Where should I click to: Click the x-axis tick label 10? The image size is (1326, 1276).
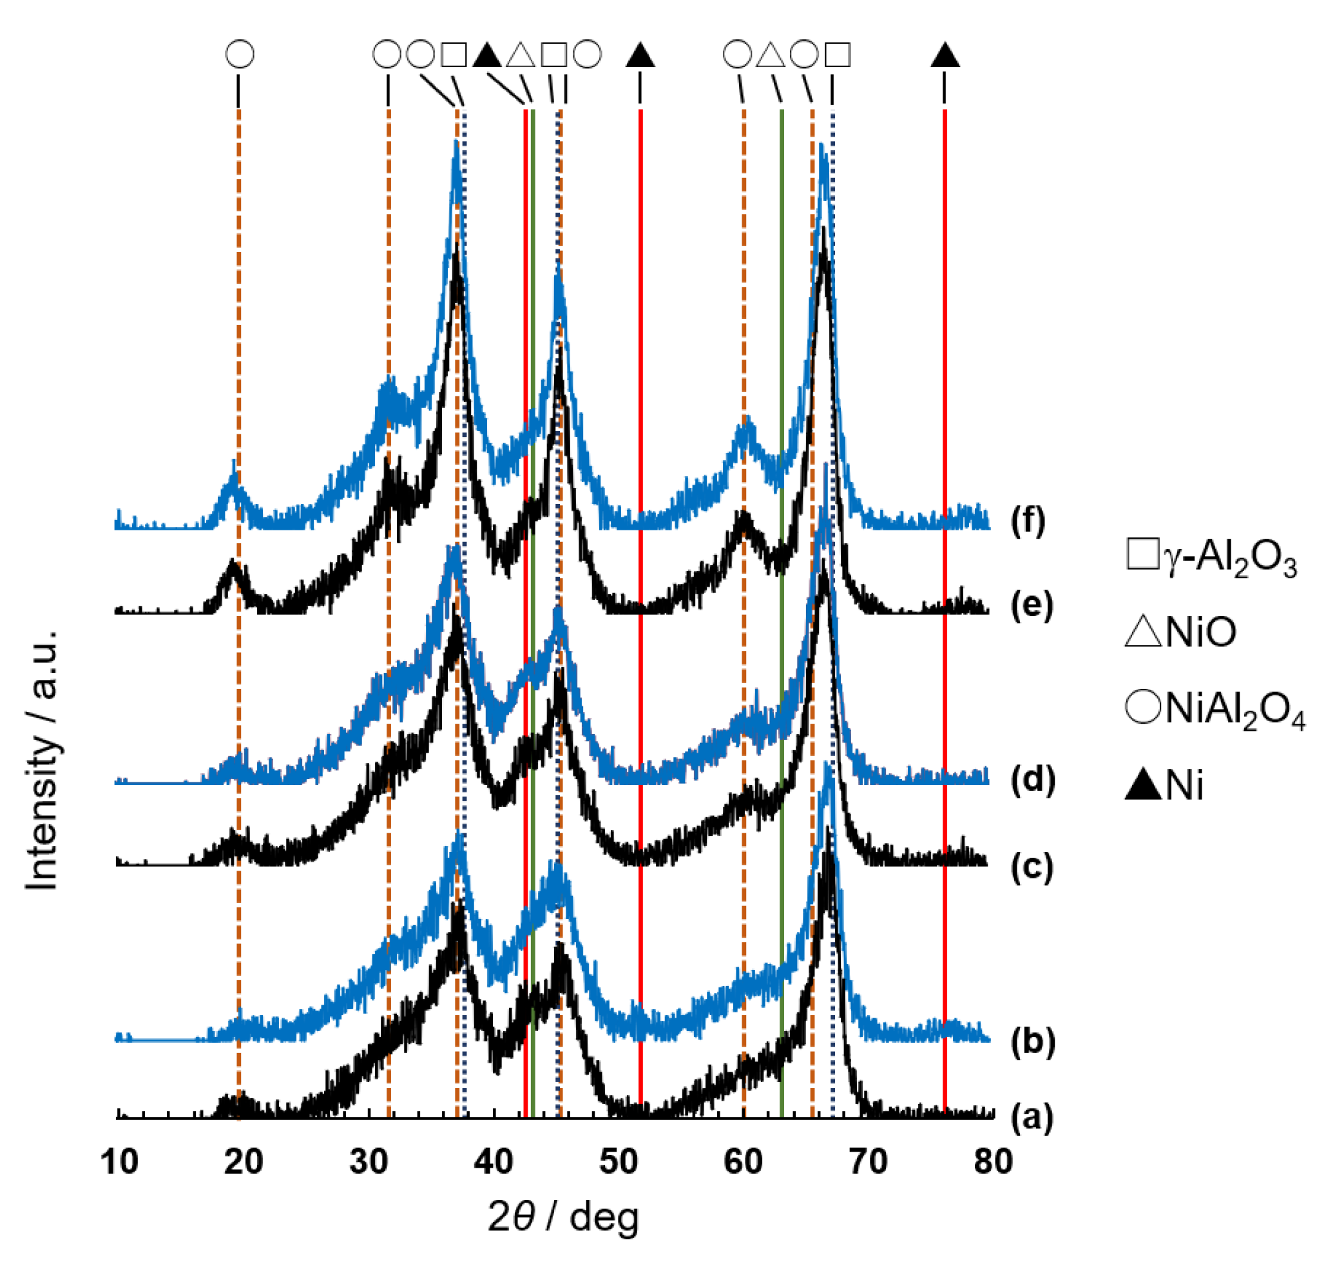[119, 1163]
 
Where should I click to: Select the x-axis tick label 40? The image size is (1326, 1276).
[494, 1163]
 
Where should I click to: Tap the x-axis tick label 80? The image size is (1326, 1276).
[992, 1163]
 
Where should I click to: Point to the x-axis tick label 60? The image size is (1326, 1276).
[743, 1163]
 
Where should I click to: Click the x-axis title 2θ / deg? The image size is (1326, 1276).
[563, 1219]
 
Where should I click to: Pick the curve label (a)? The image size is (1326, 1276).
[1032, 1117]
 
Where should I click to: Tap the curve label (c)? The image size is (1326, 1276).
[1032, 868]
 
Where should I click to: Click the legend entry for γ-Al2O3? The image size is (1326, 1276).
[1211, 559]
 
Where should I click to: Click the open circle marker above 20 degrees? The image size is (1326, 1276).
[240, 54]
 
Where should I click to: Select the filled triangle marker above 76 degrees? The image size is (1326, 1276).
[945, 55]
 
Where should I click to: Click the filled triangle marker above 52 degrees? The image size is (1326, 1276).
[639, 55]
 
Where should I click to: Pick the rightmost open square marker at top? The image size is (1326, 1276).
[838, 54]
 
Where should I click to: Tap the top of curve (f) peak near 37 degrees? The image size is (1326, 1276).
[456, 144]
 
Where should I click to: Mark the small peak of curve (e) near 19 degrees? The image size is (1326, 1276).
[233, 561]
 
